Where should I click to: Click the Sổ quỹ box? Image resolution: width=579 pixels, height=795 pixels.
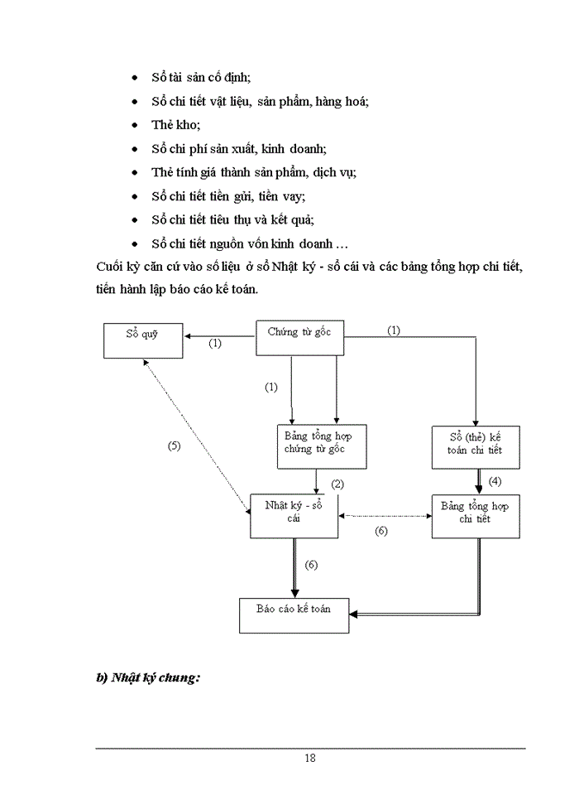(x=143, y=340)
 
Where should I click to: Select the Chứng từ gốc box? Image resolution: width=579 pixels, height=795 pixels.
(x=299, y=338)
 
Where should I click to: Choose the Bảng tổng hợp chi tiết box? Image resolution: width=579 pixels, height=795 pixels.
(x=476, y=517)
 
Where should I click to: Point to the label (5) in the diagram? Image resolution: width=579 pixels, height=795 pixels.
(x=174, y=446)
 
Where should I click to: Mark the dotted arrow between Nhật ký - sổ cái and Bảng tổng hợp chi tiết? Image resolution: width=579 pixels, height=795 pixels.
(x=385, y=516)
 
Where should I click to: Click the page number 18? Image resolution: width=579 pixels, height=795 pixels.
(x=309, y=757)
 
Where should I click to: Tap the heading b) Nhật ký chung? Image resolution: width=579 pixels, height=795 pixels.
(x=150, y=677)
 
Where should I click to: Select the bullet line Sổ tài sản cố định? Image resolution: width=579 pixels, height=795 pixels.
(x=201, y=77)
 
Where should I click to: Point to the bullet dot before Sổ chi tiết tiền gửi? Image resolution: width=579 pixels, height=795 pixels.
(x=135, y=197)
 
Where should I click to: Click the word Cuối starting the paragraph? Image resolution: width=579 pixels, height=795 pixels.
(x=110, y=269)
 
